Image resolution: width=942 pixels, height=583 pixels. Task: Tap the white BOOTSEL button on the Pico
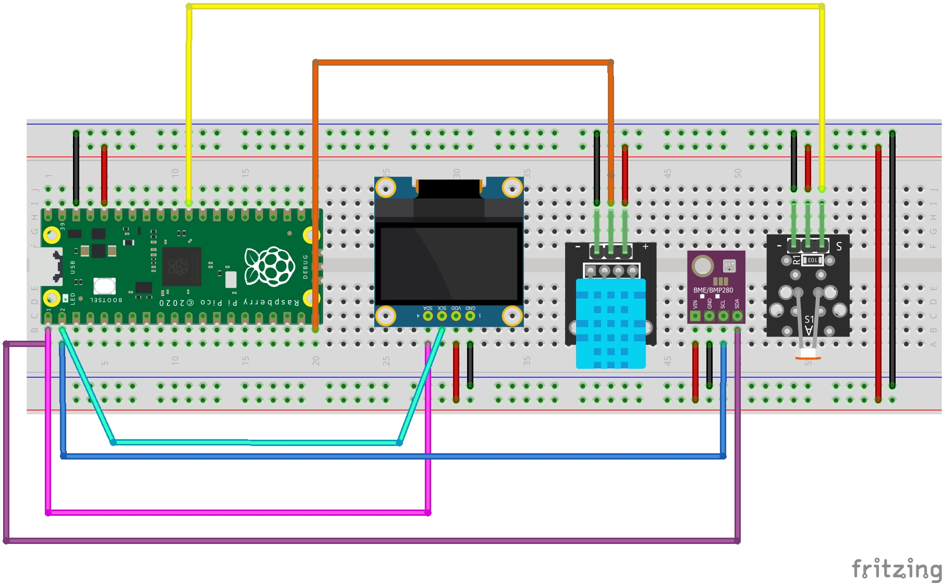coord(104,286)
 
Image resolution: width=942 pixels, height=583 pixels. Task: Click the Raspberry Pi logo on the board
coord(270,266)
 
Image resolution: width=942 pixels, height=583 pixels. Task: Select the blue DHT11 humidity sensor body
coord(610,323)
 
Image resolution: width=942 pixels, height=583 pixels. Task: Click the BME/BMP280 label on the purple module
coord(713,290)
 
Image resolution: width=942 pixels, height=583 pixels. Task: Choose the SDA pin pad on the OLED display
coord(428,315)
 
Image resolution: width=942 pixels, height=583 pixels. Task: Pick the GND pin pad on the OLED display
coord(470,315)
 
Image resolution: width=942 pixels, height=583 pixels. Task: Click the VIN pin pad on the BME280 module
coord(695,316)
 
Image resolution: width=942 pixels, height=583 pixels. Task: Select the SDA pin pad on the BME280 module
coord(737,316)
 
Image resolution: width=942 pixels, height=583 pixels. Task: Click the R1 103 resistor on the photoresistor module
coord(811,259)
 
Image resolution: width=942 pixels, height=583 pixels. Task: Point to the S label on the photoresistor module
coord(839,246)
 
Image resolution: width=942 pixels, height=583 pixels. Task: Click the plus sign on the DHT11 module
coord(645,246)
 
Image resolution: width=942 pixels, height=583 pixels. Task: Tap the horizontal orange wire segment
coord(463,63)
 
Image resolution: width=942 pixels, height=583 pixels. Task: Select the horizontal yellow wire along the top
coord(505,6)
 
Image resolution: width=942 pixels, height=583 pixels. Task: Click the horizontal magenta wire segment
coord(238,513)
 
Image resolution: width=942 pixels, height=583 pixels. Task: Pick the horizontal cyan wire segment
coord(256,442)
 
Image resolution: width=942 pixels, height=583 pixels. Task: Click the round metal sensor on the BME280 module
coord(702,266)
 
